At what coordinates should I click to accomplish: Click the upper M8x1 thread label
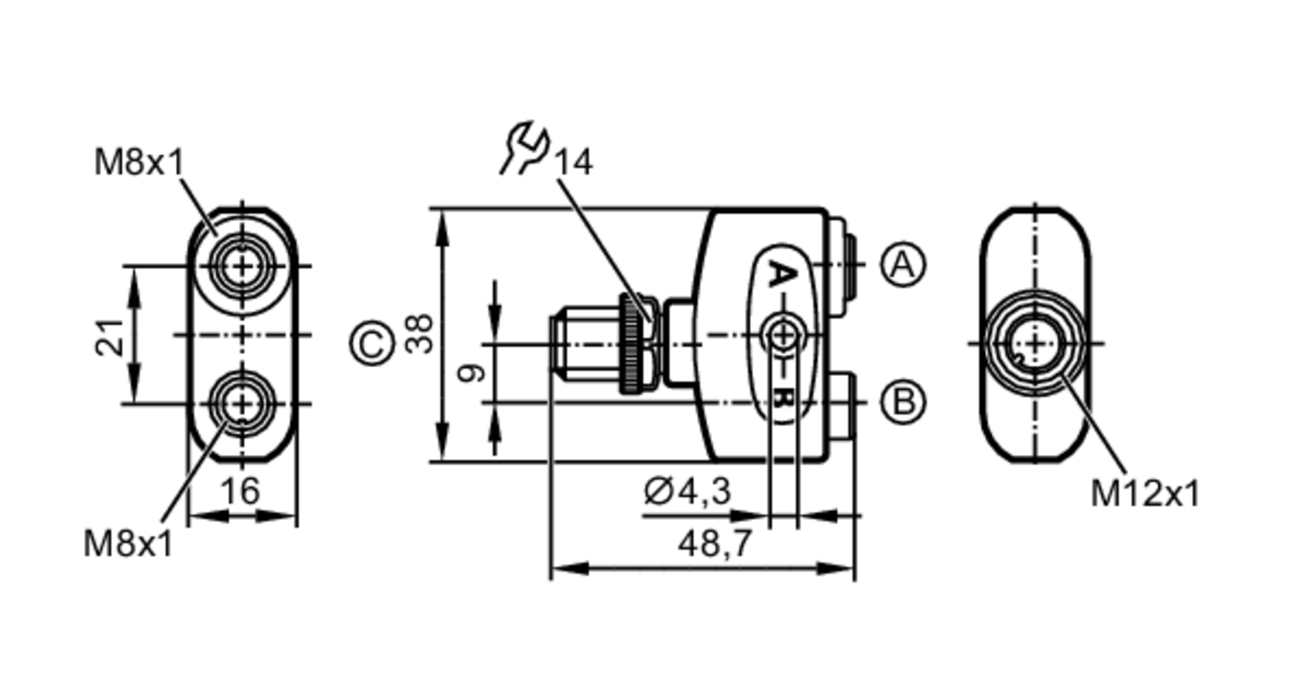pos(139,162)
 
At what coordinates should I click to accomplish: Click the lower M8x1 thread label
pos(128,544)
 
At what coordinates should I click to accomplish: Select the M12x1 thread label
pos(1144,494)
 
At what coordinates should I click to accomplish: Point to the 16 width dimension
pos(241,491)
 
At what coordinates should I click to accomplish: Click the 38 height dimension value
pos(420,334)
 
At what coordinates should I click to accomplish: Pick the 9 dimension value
pos(471,373)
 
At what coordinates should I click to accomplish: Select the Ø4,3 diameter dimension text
pos(687,491)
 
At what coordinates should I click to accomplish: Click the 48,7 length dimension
pos(715,543)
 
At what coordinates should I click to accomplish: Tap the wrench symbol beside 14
pos(525,147)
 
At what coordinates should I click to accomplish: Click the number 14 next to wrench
pos(573,162)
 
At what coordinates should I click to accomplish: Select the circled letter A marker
pos(902,265)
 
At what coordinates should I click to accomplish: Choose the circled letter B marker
pos(902,402)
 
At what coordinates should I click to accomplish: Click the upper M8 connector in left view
pos(242,265)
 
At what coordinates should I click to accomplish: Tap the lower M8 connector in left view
pos(242,404)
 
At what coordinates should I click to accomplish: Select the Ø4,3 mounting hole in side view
pos(783,335)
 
